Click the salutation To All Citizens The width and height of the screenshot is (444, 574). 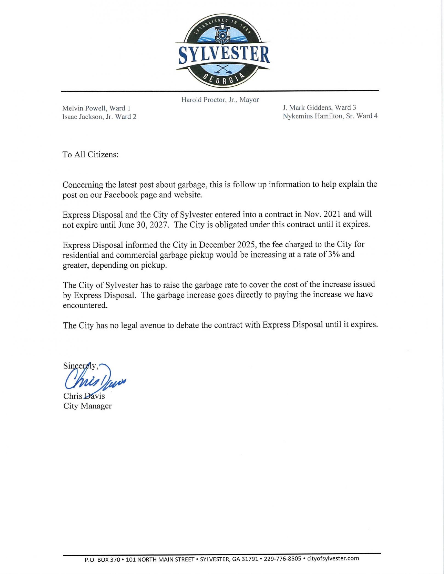click(x=91, y=154)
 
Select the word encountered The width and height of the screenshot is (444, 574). click(x=85, y=306)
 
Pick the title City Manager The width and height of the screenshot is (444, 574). click(x=87, y=406)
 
